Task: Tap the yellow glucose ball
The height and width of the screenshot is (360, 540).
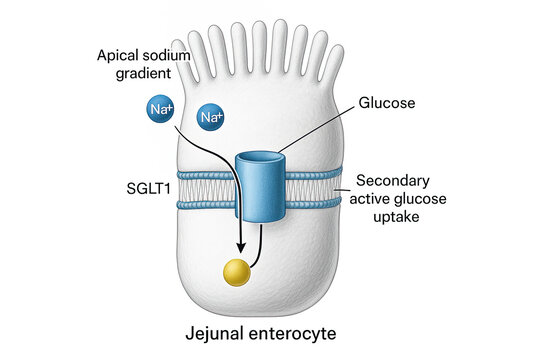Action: tap(236, 271)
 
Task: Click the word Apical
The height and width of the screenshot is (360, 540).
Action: tap(119, 55)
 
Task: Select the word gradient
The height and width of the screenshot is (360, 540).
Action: tap(130, 75)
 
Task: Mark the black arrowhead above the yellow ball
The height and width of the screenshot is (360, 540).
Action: tap(240, 248)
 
